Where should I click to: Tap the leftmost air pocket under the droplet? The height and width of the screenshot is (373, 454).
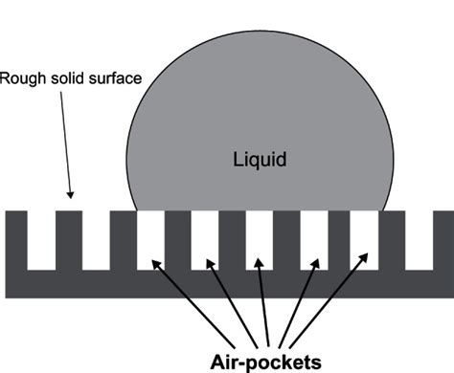coord(151,239)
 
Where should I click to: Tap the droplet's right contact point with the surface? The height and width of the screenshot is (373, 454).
coord(388,210)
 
